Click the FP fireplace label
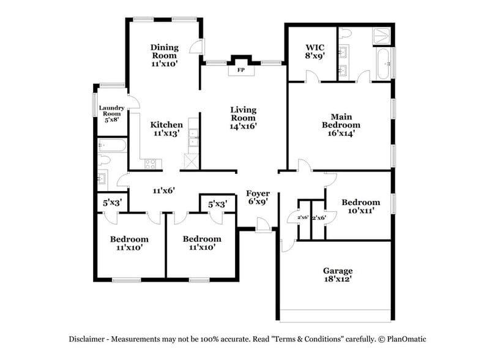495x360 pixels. pos(241,70)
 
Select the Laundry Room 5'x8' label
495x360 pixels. pos(112,114)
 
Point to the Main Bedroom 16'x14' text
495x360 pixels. pos(341,124)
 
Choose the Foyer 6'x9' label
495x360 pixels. pos(258,198)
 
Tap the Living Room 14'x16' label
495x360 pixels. pos(243,118)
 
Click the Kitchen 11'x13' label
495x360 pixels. pos(166,129)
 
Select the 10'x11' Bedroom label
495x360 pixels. pos(360,206)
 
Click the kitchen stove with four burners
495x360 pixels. pos(150,163)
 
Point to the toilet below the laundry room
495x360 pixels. pos(104,160)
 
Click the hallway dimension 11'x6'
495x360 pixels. pos(164,190)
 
